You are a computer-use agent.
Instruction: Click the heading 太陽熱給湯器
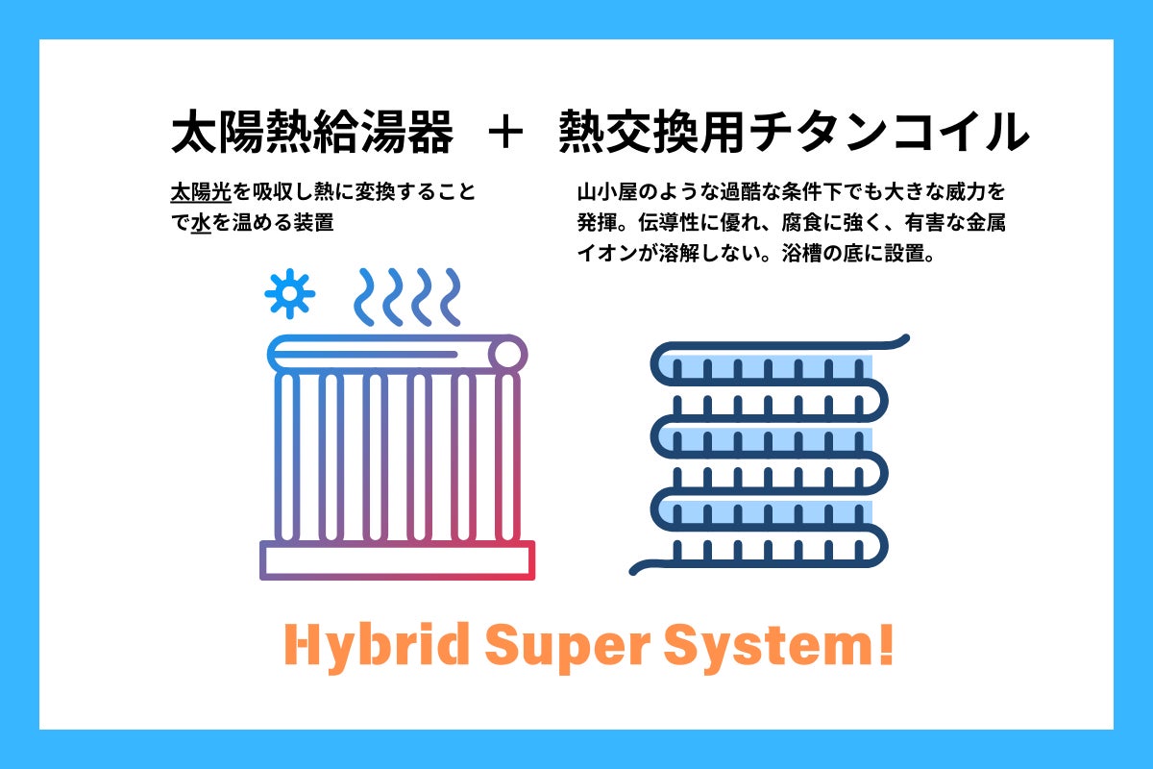(312, 132)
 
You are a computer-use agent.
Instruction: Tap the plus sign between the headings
(505, 133)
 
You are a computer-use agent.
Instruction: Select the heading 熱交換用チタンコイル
(794, 132)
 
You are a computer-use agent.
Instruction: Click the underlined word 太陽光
(201, 192)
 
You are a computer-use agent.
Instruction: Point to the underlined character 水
(201, 223)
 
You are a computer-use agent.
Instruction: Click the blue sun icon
(290, 293)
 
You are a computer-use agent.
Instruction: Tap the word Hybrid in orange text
(377, 647)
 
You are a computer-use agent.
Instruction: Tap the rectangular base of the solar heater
(397, 560)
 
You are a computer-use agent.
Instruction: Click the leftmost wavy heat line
(365, 297)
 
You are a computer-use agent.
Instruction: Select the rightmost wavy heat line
(451, 297)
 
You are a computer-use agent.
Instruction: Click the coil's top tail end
(906, 337)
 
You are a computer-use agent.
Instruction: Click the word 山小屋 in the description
(607, 192)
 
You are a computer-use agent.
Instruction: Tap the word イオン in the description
(607, 254)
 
